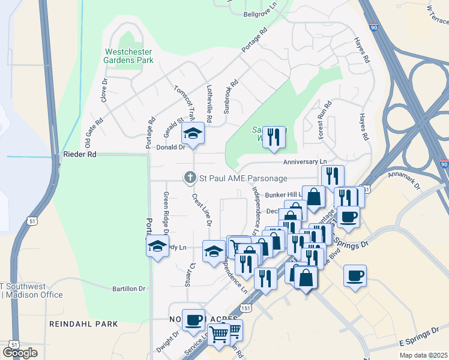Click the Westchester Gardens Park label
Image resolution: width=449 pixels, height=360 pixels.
click(128, 56)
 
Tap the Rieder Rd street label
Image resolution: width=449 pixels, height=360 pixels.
click(79, 154)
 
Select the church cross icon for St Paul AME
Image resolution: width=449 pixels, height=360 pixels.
click(190, 177)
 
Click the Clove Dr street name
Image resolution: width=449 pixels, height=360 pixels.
click(104, 89)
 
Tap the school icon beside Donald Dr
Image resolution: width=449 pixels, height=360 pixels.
click(193, 133)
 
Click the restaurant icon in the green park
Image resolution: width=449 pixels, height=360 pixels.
click(273, 136)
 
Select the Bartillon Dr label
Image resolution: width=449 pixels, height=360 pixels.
click(129, 289)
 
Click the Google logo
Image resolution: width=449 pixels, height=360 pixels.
click(20, 353)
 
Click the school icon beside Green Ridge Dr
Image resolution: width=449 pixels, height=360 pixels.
click(157, 246)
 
